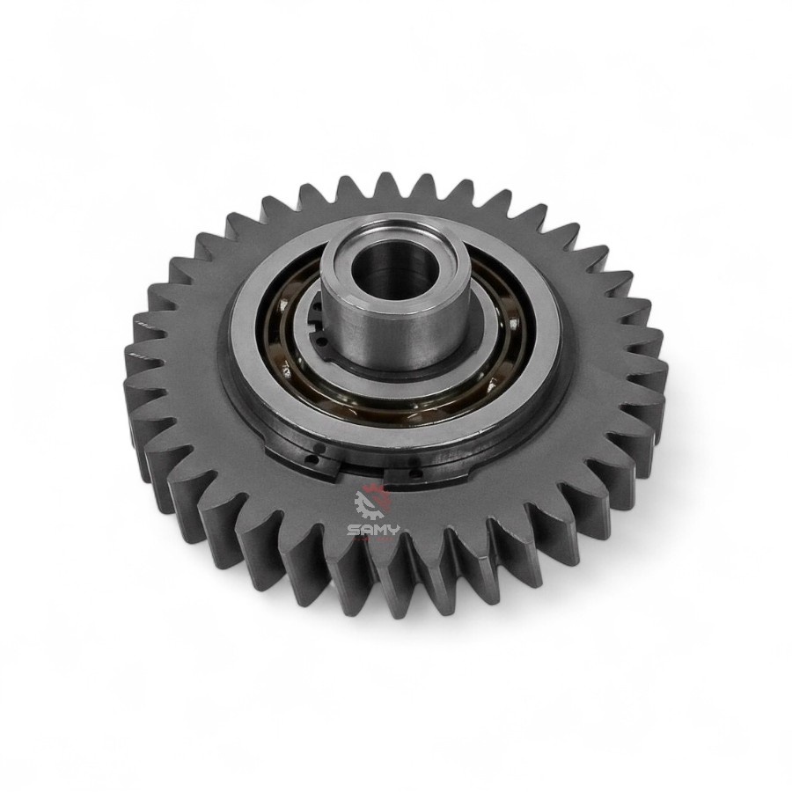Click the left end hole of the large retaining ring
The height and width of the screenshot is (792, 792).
pyautogui.click(x=314, y=460)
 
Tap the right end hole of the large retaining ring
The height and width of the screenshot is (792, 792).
pyautogui.click(x=415, y=473)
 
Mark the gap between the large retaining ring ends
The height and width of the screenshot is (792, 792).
pyautogui.click(x=361, y=473)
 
